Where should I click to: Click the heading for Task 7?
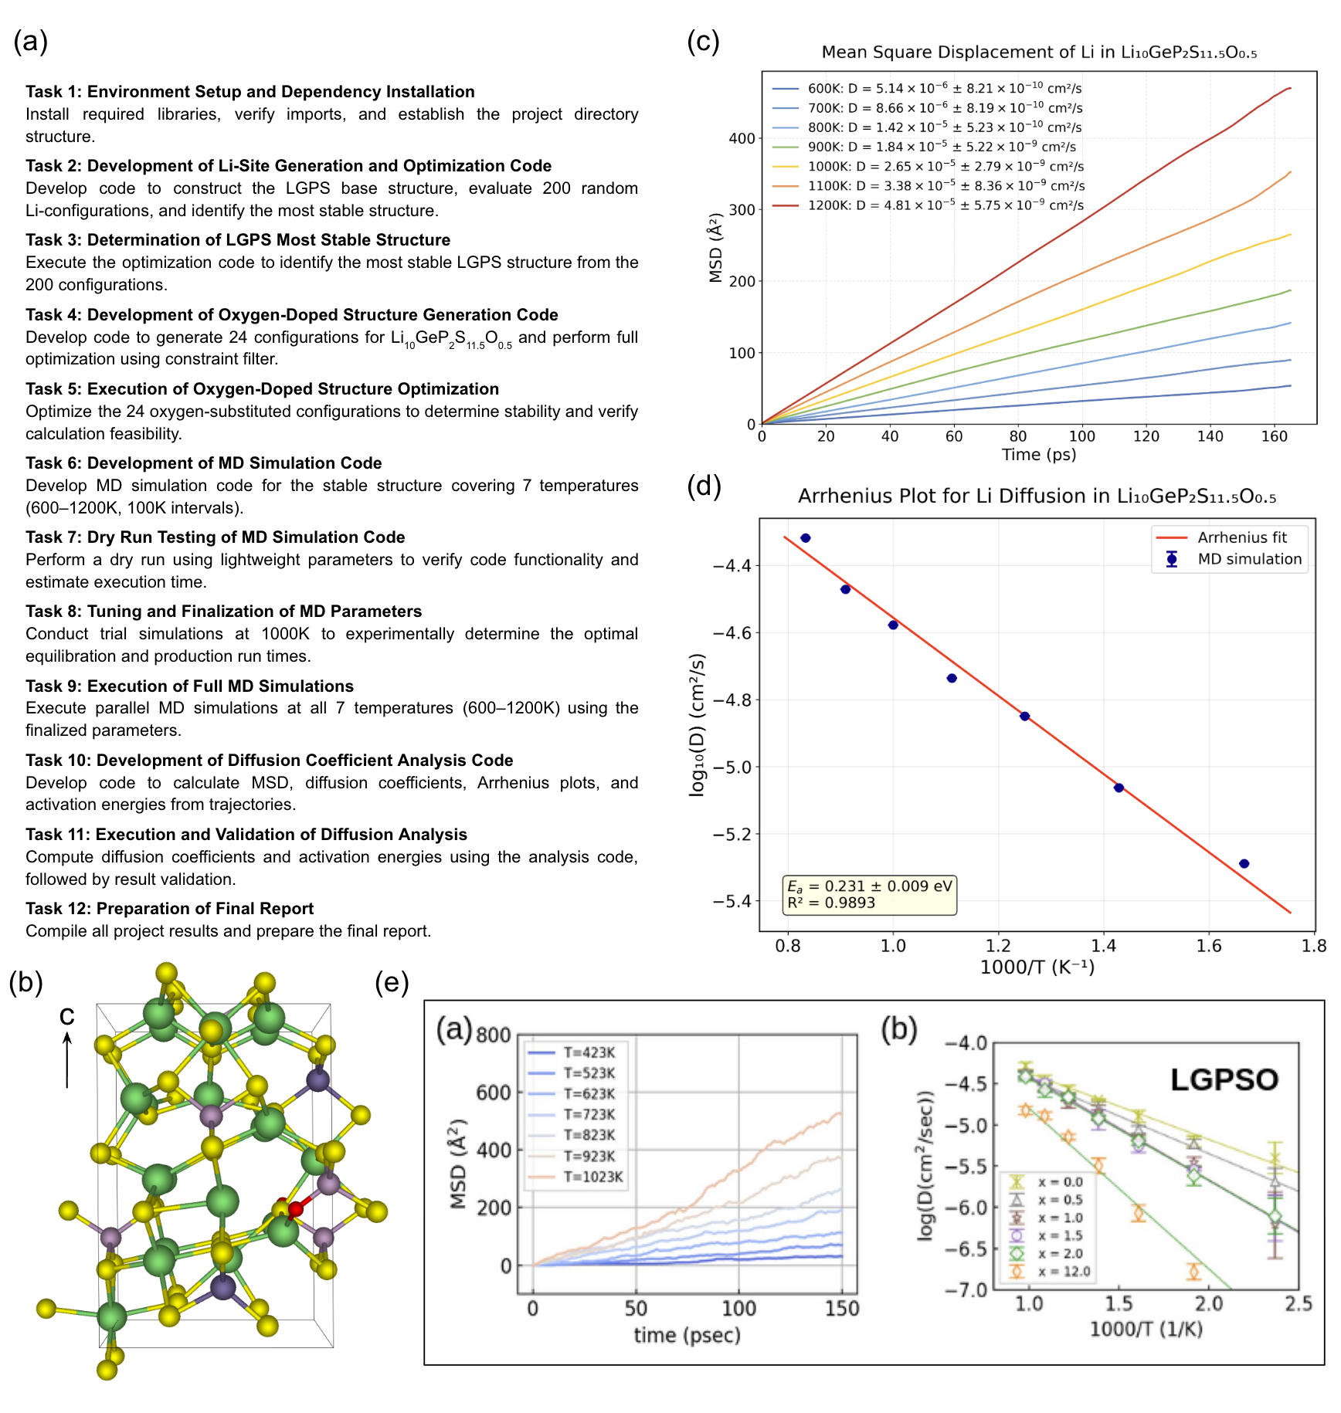tap(215, 537)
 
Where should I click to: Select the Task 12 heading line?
tap(169, 909)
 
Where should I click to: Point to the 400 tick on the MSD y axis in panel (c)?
tap(742, 139)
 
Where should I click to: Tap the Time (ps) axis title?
tap(1038, 454)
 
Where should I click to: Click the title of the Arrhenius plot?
tap(1037, 496)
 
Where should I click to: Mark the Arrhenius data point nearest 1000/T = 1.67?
tap(1244, 863)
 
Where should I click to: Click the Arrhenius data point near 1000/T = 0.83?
tap(806, 538)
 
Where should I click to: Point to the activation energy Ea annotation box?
tap(869, 894)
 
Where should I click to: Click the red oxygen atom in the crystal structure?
tap(295, 1209)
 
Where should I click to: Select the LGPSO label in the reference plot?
tap(1224, 1079)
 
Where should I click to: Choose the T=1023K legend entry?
tap(592, 1177)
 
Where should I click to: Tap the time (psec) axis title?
tap(687, 1335)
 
